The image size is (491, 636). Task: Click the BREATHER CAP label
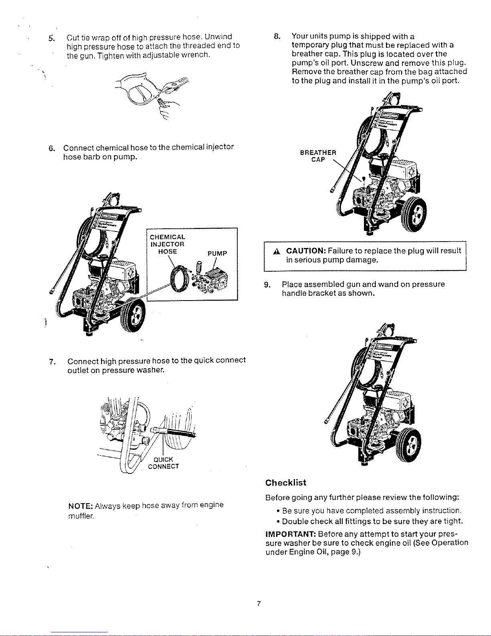[318, 156]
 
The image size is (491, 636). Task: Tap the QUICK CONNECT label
[164, 463]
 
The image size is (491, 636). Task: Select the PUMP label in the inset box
[217, 254]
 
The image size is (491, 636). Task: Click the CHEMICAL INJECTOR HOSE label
[168, 244]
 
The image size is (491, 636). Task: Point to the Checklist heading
[285, 483]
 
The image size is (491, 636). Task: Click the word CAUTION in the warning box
[306, 251]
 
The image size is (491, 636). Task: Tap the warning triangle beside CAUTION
[277, 252]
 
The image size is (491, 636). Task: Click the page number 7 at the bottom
[259, 603]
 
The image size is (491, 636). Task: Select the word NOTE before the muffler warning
[81, 506]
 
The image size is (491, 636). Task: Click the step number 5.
[52, 39]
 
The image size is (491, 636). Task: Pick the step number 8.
[277, 36]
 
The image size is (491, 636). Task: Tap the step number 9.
[267, 285]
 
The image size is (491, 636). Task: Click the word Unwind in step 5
[218, 37]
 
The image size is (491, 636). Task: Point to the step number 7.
[53, 362]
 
